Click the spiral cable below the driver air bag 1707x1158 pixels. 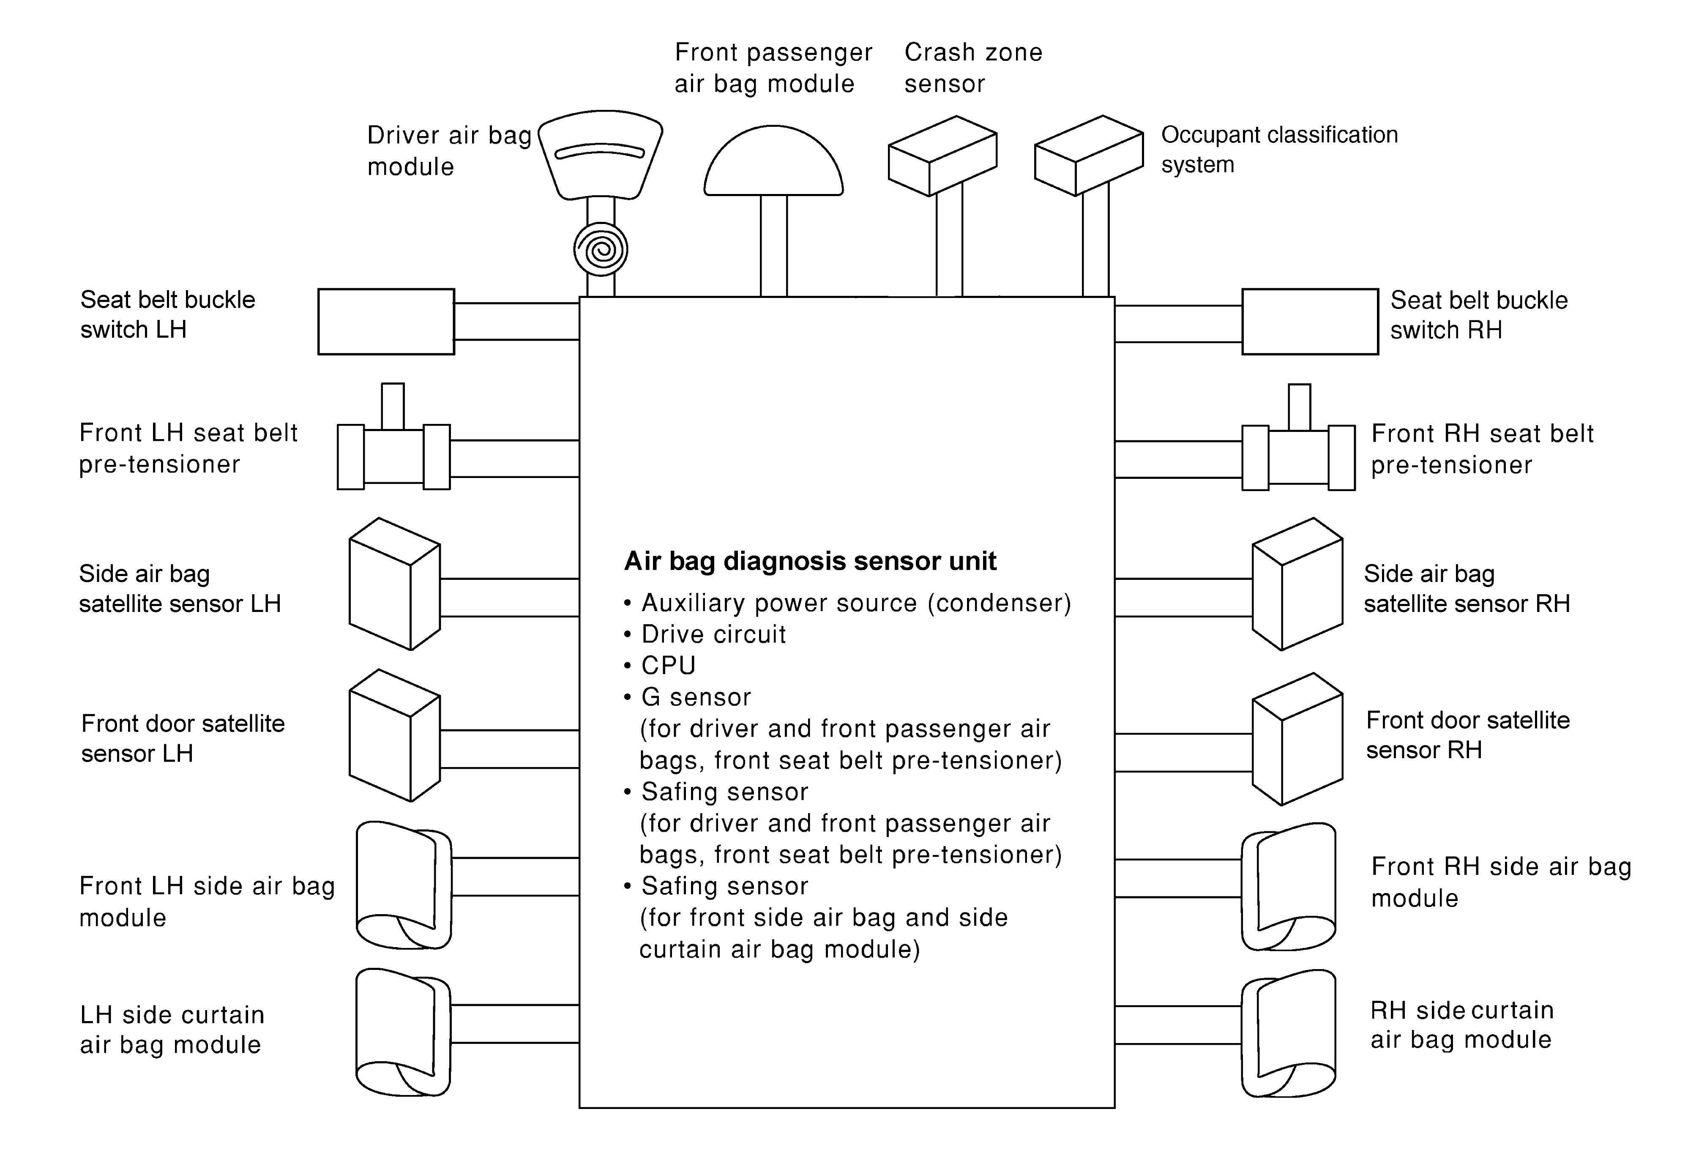click(601, 250)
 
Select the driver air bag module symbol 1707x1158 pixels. click(601, 154)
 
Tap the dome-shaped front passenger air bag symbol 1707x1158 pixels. click(773, 163)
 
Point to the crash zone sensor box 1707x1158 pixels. click(942, 156)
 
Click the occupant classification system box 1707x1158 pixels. click(1089, 156)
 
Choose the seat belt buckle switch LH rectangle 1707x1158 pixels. click(386, 322)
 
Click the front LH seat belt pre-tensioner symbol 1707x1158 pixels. click(394, 455)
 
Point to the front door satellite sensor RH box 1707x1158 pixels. click(1297, 739)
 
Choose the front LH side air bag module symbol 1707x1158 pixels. click(403, 885)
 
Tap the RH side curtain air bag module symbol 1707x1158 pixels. click(1288, 1033)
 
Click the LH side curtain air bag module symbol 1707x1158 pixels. click(403, 1032)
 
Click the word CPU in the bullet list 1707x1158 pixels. click(668, 665)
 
